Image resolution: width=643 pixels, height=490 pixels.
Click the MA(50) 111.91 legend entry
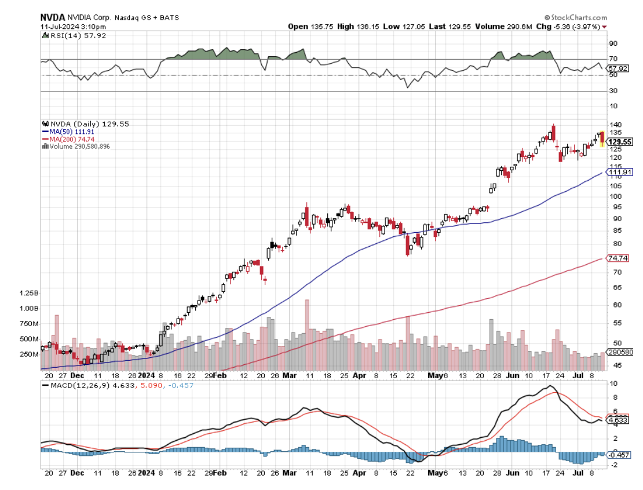tap(71, 131)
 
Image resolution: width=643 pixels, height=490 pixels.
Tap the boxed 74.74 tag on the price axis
tap(616, 258)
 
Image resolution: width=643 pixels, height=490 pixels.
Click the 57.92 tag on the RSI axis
tap(613, 68)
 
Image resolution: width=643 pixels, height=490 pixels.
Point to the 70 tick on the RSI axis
tap(612, 58)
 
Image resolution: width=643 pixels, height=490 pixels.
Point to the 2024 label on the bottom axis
tap(147, 473)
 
